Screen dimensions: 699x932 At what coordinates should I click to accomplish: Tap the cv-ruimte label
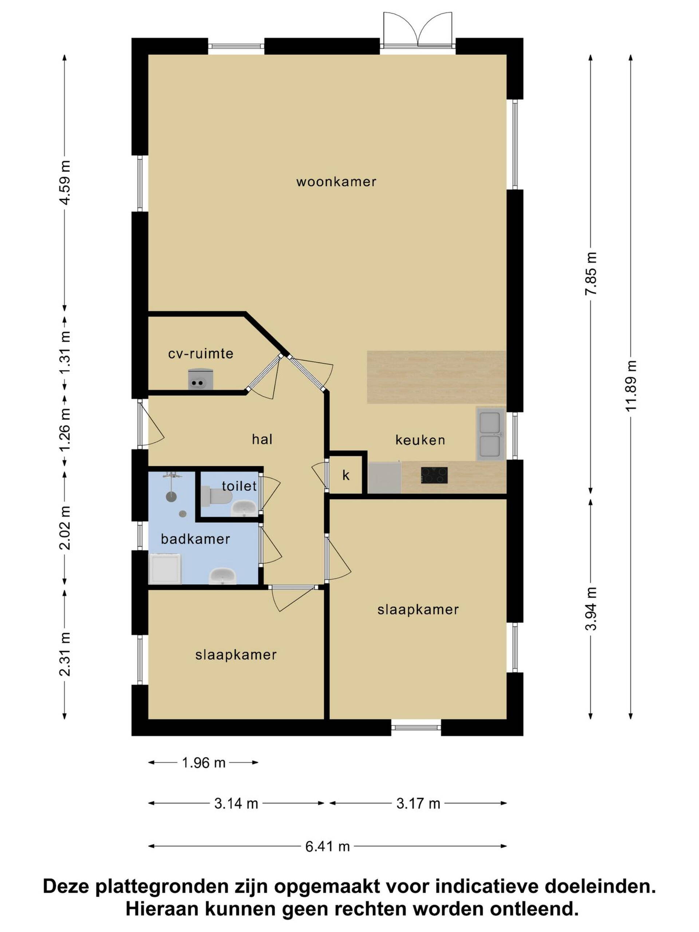[201, 354]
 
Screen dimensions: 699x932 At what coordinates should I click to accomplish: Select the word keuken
[420, 440]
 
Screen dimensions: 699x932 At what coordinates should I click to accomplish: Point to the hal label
[262, 439]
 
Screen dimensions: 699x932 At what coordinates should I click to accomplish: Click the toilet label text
[239, 486]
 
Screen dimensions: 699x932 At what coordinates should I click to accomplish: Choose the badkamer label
[196, 539]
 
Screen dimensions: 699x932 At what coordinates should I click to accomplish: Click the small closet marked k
[345, 475]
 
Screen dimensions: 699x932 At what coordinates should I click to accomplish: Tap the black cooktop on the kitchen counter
[434, 475]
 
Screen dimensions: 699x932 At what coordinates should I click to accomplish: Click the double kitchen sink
[490, 434]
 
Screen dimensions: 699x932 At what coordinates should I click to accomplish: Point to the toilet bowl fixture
[216, 497]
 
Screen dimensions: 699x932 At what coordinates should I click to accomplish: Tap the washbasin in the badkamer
[222, 576]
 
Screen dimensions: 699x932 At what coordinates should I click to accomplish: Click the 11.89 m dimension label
[631, 386]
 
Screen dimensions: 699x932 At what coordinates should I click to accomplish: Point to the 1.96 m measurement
[204, 763]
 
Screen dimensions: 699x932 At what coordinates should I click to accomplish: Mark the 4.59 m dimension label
[64, 182]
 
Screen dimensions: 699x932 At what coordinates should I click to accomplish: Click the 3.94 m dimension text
[591, 608]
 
